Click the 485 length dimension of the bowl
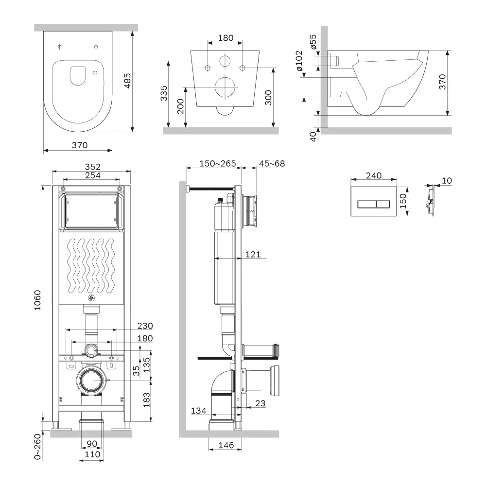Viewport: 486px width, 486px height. pos(127,81)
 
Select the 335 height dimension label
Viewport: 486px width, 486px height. pos(164,92)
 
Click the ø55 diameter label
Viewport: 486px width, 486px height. pos(313,42)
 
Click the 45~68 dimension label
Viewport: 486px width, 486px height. pos(272,163)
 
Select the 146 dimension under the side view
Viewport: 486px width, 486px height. pos(226,445)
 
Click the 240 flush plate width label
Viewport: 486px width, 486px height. pos(374,175)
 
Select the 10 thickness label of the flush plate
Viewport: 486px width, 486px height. pos(447,181)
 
